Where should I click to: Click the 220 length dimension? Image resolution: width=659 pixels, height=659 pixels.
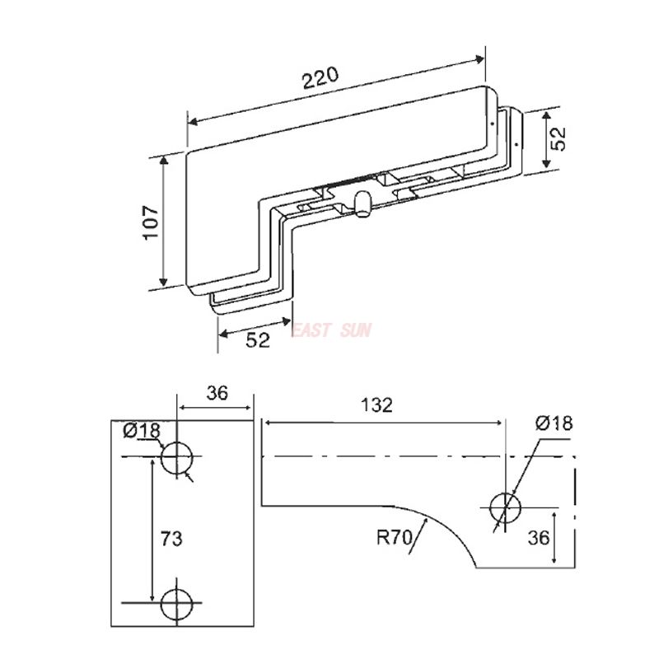(x=320, y=77)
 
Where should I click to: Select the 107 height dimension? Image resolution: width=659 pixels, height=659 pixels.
(x=151, y=222)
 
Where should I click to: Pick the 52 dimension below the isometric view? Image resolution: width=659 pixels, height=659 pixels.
(x=258, y=340)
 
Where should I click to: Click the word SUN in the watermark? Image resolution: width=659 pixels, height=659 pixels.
(x=358, y=330)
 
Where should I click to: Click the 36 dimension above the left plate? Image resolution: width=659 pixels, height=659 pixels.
(x=217, y=393)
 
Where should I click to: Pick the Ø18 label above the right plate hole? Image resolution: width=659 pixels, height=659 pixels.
(x=553, y=423)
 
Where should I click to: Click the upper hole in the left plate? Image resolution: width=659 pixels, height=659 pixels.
(x=177, y=457)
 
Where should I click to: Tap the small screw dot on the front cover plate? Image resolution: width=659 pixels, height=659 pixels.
(x=492, y=123)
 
